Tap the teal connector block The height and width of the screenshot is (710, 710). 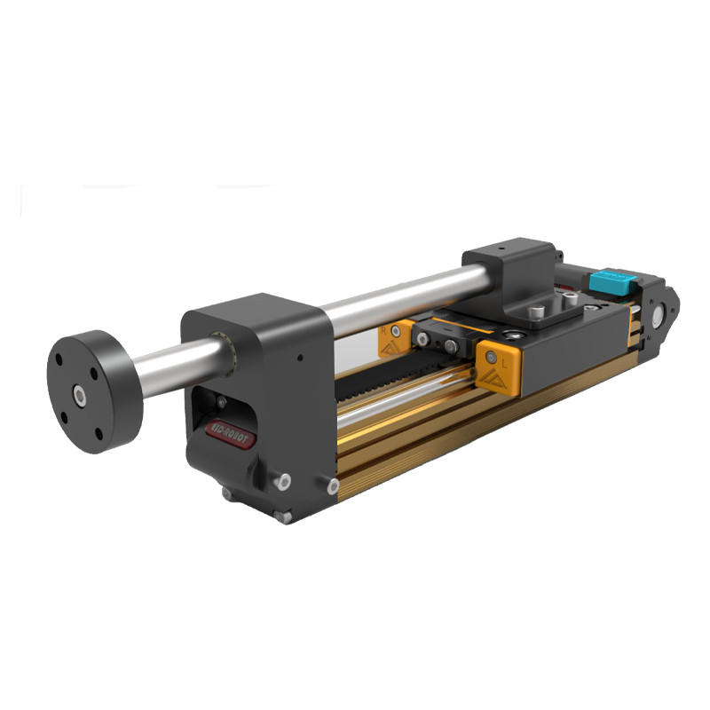tap(611, 283)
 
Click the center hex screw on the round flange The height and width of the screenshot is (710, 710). tap(80, 390)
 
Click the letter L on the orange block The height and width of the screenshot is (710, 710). tap(504, 363)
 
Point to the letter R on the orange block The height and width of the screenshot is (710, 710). tap(383, 329)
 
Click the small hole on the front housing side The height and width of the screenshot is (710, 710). tap(301, 359)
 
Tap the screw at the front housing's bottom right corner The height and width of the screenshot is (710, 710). tap(333, 487)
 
